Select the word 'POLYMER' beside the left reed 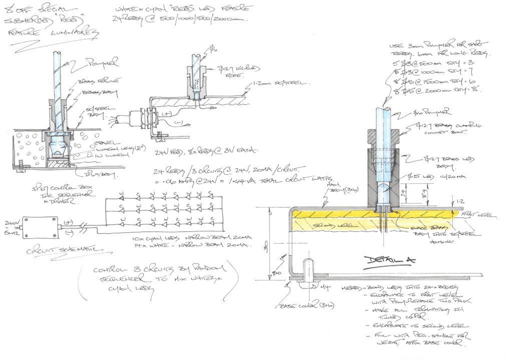click(102, 63)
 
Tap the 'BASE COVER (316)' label click(300, 304)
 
